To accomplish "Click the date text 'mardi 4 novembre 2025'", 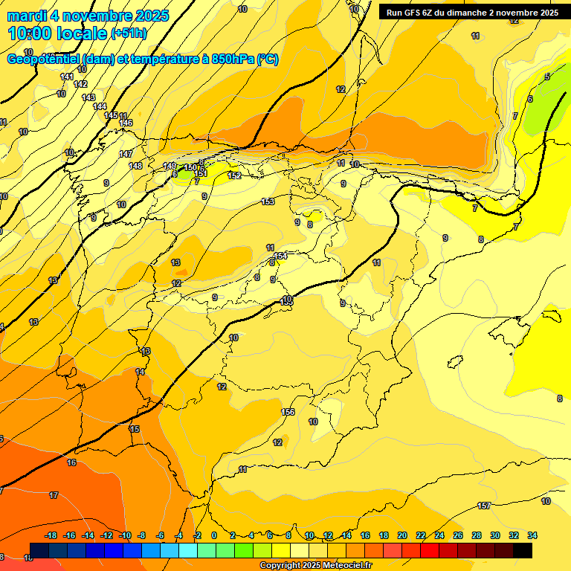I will coord(88,16).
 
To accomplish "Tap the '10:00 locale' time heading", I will coord(57,33).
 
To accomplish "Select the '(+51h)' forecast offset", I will coord(129,33).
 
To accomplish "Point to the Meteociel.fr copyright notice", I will coord(315,566).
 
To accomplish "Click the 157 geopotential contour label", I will coord(484,506).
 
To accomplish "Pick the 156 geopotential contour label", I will coord(288,412).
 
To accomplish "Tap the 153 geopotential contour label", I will coord(268,201).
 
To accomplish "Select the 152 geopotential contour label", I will coord(234,175).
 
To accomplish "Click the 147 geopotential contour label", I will coord(126,154).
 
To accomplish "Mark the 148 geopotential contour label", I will coord(135,166).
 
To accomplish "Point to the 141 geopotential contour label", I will coord(67,77).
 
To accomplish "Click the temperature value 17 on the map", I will coord(54,495).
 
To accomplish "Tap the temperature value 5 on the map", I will coord(547,77).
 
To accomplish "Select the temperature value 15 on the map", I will coord(135,429).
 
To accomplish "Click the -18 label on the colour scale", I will coord(51,535).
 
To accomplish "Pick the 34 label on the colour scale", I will coord(532,535).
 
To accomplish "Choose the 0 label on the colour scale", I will coord(214,535).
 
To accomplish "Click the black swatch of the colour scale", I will coord(523,550).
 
